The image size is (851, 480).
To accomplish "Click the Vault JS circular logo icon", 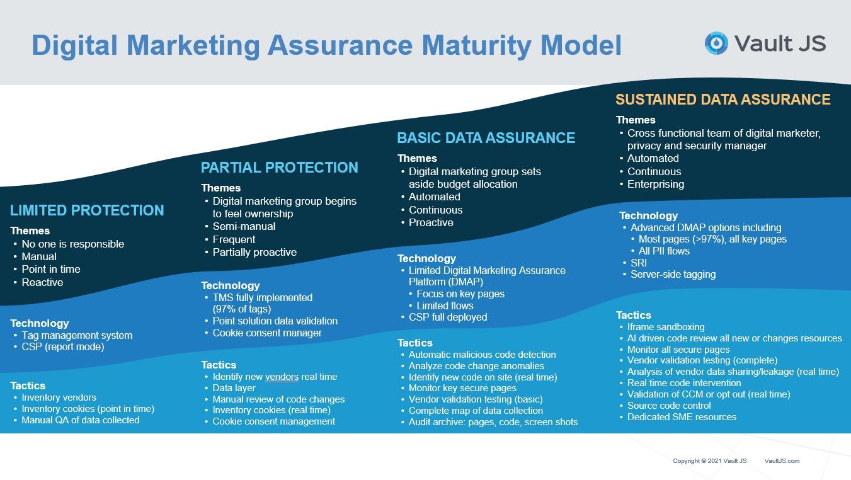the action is coord(716,43).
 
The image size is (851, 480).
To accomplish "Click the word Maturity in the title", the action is coord(476,45).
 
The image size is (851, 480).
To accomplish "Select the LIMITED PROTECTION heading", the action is coord(87,210).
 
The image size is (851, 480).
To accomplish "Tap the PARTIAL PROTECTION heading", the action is coord(280,167).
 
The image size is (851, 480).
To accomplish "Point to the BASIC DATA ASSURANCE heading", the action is coord(486,137).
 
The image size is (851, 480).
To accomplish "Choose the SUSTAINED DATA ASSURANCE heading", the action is coord(723,99).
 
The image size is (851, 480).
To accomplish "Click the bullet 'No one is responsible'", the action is coord(73,244).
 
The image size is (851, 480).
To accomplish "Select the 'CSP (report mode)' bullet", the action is coord(63,346).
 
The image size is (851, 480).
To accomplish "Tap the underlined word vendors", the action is coord(282,377).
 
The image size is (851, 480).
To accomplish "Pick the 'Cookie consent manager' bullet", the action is coord(267,333).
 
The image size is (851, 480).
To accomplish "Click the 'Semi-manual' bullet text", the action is coord(244,227).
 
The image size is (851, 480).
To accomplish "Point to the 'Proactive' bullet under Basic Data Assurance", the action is coord(431,223).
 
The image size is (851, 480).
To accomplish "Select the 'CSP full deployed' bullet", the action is coord(448,317).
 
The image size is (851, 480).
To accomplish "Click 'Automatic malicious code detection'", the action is coord(482,355).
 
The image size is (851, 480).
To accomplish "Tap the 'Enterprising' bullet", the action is coord(656,185).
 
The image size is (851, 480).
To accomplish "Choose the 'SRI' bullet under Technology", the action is coord(639,263).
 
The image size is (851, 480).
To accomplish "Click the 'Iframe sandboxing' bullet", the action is coord(666,327).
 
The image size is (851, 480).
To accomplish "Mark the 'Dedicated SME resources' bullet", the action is coord(682,417).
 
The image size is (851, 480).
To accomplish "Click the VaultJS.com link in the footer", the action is coord(782,461).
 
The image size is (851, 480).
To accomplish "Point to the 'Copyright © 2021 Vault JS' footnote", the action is coord(710,461).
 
